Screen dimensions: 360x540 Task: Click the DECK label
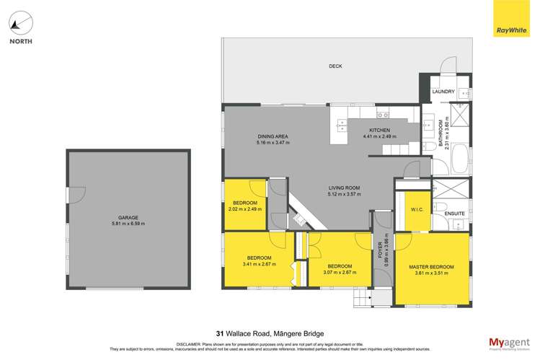coord(335,66)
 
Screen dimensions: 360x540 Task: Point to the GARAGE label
coord(128,217)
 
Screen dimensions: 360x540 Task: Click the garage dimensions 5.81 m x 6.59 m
coord(128,224)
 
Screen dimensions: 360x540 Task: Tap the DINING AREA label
coord(273,136)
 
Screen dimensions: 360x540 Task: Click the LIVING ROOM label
coord(343,188)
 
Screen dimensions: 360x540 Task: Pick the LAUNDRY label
coord(443,92)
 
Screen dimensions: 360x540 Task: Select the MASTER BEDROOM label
coord(433,267)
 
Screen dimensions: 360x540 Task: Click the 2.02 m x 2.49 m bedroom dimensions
coord(245,209)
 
